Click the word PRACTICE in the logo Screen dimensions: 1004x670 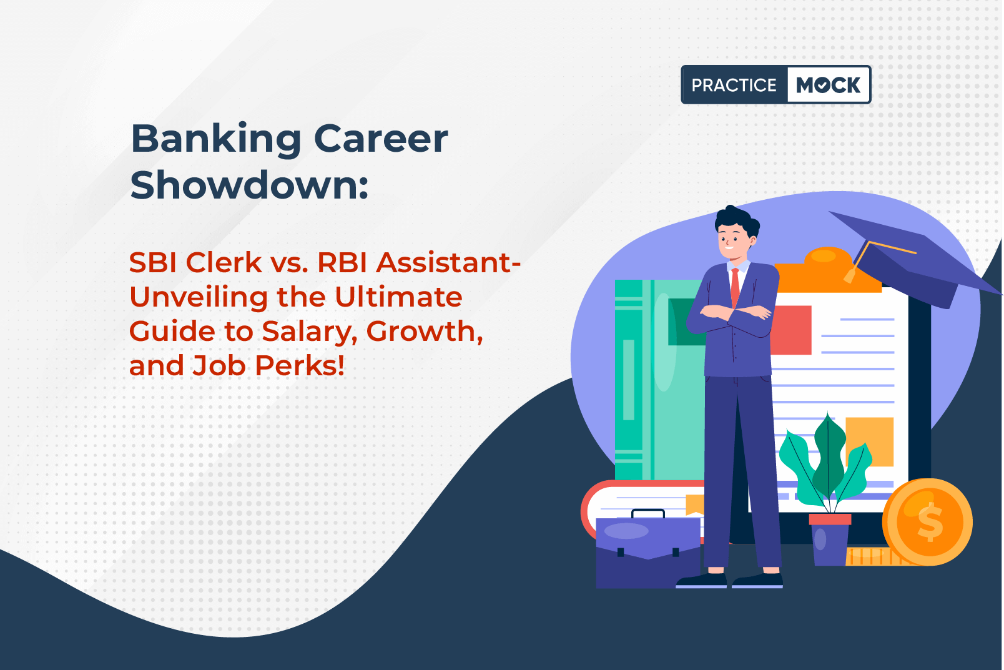(x=734, y=85)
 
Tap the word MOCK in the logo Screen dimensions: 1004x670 (x=829, y=85)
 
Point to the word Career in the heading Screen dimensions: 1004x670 (x=381, y=139)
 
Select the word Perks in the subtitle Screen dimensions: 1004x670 (x=300, y=366)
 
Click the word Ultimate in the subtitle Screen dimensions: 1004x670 (x=398, y=297)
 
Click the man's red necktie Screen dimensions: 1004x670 (x=735, y=287)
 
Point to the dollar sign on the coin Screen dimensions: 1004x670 (x=930, y=521)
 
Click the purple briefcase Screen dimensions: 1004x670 (x=648, y=549)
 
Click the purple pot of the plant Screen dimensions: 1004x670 (x=830, y=539)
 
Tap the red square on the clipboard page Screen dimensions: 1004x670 (x=790, y=330)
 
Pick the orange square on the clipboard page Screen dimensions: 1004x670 (x=870, y=441)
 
